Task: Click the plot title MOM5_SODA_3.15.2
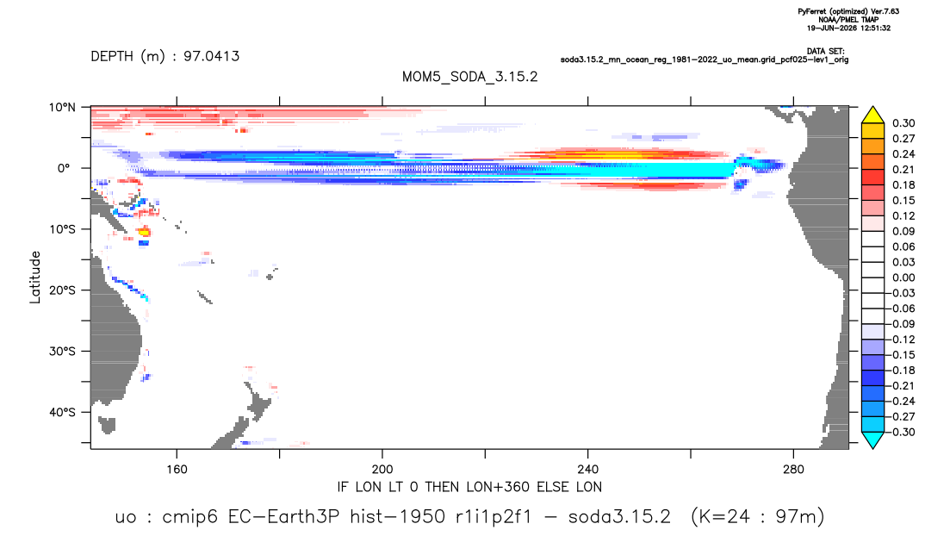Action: [x=469, y=77]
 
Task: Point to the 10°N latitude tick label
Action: [x=62, y=108]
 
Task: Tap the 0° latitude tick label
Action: [x=63, y=168]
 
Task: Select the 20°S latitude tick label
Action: [x=62, y=290]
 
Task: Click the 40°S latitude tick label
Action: [x=62, y=412]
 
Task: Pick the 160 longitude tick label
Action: [x=177, y=470]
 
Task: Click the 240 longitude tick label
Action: [x=588, y=470]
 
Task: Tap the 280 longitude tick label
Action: [x=793, y=470]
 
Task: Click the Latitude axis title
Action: [x=35, y=277]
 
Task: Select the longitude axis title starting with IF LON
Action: [x=469, y=487]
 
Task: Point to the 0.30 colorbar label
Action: [x=903, y=123]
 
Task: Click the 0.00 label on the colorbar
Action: [x=903, y=277]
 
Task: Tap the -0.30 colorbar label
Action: [x=902, y=432]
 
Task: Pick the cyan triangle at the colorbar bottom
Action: [x=872, y=440]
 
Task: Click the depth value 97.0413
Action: [x=211, y=57]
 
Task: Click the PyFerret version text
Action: [x=848, y=11]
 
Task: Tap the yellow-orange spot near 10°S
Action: [x=144, y=232]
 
